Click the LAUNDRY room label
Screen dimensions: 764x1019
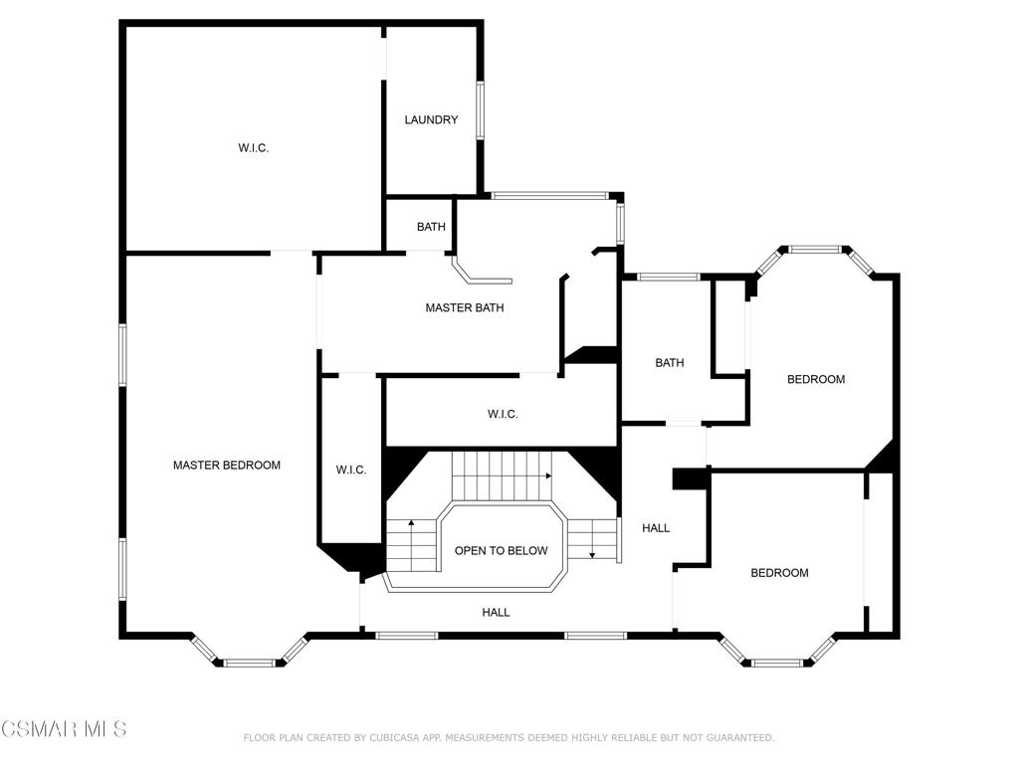tap(431, 120)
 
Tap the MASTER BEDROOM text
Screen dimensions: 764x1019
tap(227, 465)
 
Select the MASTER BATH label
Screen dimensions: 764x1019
tap(465, 308)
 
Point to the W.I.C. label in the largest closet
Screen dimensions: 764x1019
tap(254, 148)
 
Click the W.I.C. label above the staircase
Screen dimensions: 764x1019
tap(503, 414)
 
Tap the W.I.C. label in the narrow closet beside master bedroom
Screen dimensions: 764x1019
tap(351, 470)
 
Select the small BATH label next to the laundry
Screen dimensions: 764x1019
tap(431, 227)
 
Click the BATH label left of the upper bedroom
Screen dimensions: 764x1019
tap(670, 363)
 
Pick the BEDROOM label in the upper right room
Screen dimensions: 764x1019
tap(816, 379)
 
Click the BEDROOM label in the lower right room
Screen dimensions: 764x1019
tap(779, 573)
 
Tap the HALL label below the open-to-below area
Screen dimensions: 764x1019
tap(496, 613)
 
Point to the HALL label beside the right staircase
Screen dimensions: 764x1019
tap(656, 528)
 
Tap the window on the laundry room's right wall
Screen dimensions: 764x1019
tap(480, 110)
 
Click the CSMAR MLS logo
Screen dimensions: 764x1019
tap(64, 729)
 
